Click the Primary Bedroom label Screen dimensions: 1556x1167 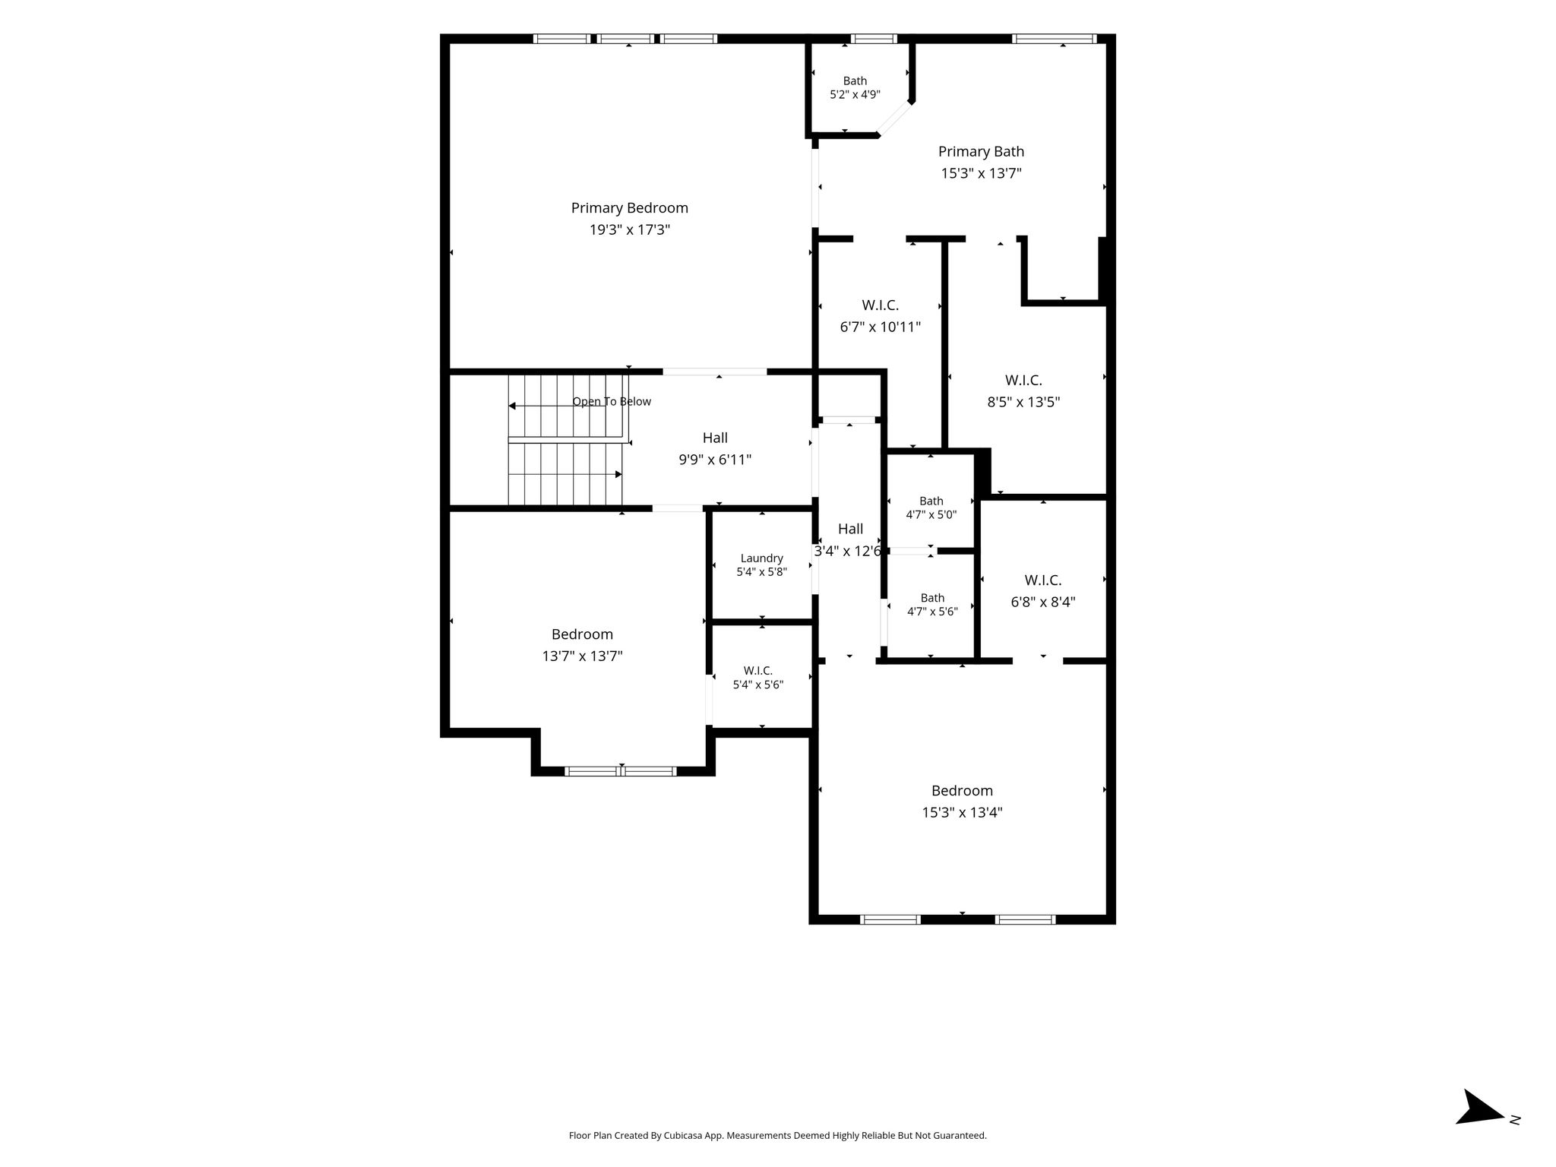pos(629,208)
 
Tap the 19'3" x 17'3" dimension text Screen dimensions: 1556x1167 pos(629,229)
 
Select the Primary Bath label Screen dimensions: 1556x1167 pos(981,152)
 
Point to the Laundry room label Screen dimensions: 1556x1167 pos(761,558)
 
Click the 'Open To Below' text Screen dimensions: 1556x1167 pos(612,402)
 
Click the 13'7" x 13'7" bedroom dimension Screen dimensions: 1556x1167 pos(582,656)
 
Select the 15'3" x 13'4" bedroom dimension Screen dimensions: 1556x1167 pos(962,813)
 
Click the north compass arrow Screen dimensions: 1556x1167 pos(1480,1129)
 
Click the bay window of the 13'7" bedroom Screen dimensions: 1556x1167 pos(621,771)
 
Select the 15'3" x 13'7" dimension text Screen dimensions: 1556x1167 pos(981,173)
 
